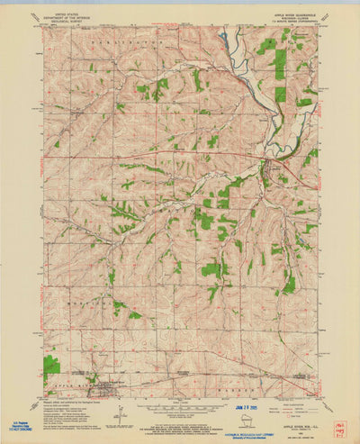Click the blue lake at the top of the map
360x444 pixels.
pos(224,38)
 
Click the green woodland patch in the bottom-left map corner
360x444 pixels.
pos(51,364)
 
